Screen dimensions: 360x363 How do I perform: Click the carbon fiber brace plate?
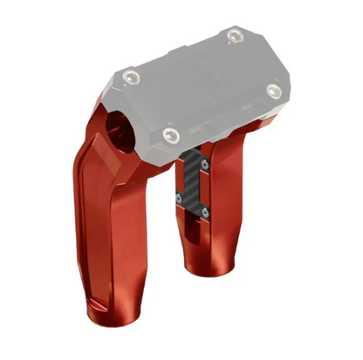194,183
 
